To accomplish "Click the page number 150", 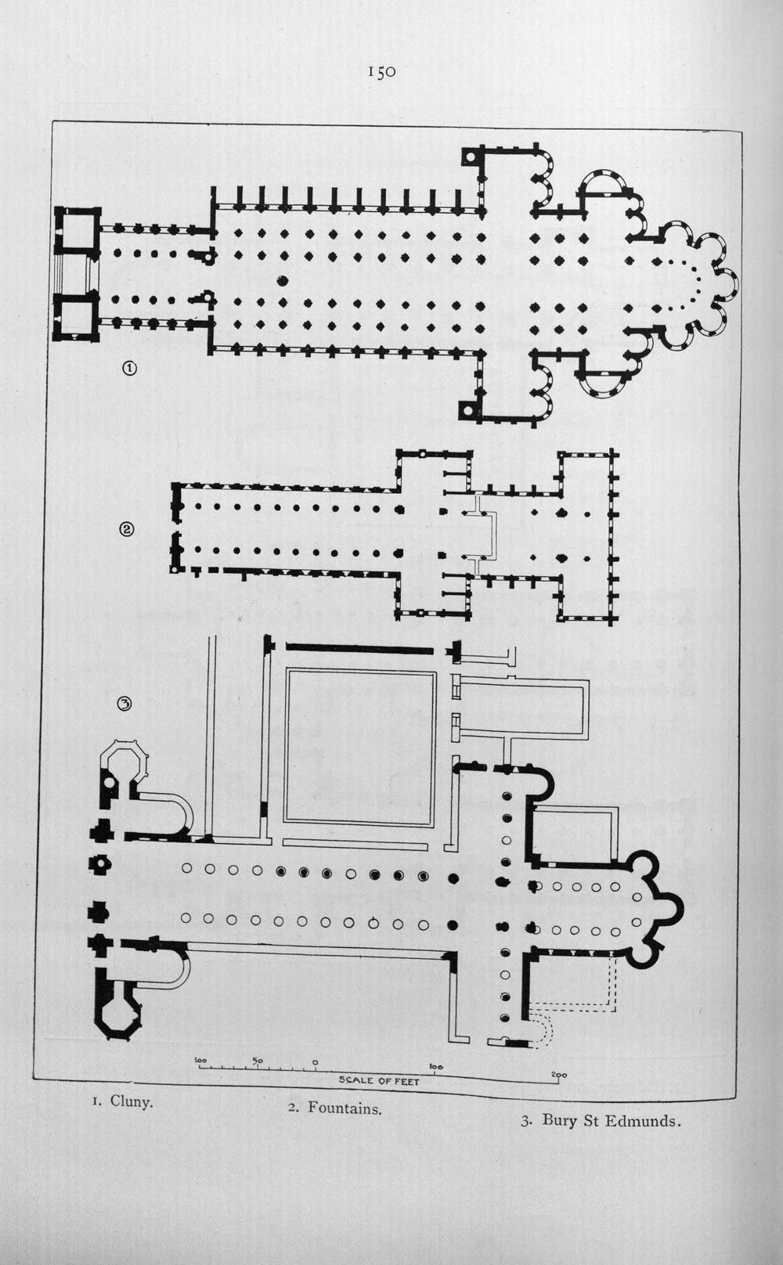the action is point(382,71).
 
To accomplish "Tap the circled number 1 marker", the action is point(129,368).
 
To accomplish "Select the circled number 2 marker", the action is point(127,529).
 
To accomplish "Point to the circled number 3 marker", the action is point(124,704).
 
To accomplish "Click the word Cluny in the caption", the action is point(132,1101).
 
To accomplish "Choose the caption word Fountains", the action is point(345,1108).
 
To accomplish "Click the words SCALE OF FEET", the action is point(379,1081).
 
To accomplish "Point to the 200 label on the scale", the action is point(559,1076).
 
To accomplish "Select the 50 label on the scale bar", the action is point(258,1060).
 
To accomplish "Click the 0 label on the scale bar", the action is point(316,1062).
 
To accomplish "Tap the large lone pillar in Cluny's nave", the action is point(283,280).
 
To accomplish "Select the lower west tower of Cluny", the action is point(78,317).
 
